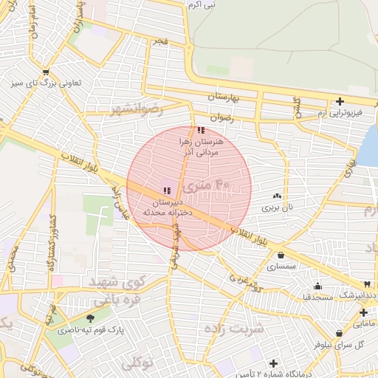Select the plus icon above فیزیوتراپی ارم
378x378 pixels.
pos(340,101)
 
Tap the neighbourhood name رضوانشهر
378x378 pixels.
pos(135,109)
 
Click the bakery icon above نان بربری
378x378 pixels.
pos(277,196)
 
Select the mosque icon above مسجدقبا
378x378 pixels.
pos(317,286)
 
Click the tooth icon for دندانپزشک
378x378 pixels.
pos(366,284)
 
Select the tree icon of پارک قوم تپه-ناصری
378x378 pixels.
pos(91,318)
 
